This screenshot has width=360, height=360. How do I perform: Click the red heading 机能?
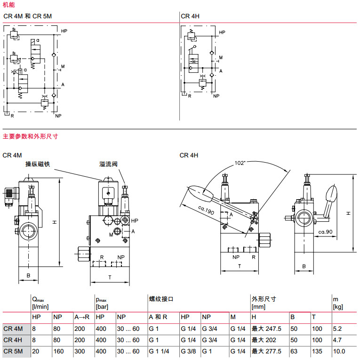click(x=9, y=5)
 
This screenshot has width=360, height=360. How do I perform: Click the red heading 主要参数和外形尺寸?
click(x=30, y=136)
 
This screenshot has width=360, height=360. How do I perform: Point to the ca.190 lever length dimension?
click(x=205, y=211)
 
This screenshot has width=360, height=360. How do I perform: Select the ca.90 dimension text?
click(x=326, y=232)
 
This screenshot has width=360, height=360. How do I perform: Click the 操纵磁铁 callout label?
click(x=38, y=164)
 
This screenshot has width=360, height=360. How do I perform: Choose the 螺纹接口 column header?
click(x=161, y=298)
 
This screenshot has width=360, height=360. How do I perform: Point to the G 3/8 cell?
click(x=188, y=351)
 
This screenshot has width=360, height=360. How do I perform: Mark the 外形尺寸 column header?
click(x=264, y=298)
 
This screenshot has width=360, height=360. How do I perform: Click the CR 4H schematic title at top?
click(x=190, y=16)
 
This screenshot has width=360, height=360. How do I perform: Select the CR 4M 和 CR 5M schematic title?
click(x=27, y=16)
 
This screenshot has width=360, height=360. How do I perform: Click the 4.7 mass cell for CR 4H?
click(x=337, y=340)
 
